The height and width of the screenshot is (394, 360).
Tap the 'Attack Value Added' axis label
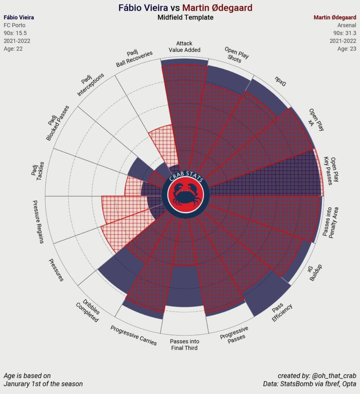pyautogui.click(x=184, y=47)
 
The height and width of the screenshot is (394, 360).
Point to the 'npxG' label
pyautogui.click(x=280, y=82)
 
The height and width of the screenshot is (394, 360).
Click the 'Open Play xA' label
pyautogui.click(x=317, y=120)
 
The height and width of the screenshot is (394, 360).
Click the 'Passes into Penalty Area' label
pyautogui.click(x=331, y=222)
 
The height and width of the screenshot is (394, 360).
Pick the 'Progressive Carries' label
pyautogui.click(x=133, y=335)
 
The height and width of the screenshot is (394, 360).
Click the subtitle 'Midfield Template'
pyautogui.click(x=185, y=18)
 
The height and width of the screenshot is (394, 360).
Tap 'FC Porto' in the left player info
pyautogui.click(x=14, y=25)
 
